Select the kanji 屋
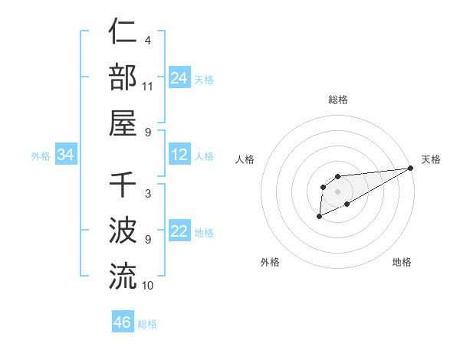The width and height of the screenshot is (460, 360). tap(123, 122)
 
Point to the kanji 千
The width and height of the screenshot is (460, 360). tap(123, 185)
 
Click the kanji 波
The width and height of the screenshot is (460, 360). tap(123, 231)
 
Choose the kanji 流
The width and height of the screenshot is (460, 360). tap(123, 276)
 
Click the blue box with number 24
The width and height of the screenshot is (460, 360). tap(179, 78)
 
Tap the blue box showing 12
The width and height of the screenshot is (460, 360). tap(179, 155)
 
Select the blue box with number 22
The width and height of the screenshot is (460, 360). tap(179, 231)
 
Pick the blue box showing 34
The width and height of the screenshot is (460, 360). tap(66, 155)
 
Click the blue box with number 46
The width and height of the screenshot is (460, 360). tap(122, 322)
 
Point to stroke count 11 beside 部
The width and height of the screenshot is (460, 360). tap(148, 86)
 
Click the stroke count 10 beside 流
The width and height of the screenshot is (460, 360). tap(148, 285)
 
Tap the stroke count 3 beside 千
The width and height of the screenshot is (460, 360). tap(147, 194)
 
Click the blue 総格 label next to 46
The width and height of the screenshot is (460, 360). tap(147, 324)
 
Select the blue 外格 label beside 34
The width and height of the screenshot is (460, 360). tap(41, 156)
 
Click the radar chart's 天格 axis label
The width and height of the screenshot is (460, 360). tap(431, 159)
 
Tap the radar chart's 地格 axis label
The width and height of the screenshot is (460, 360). tap(402, 262)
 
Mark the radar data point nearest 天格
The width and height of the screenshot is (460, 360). tap(411, 168)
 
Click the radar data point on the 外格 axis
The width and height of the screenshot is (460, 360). tap(319, 218)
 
